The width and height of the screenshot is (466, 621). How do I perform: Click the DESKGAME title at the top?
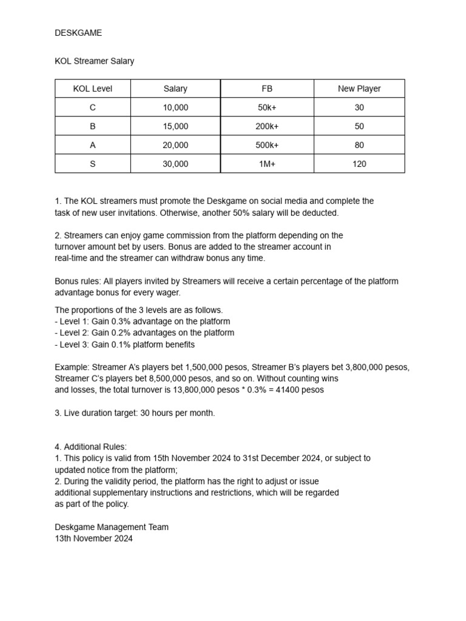pyautogui.click(x=78, y=33)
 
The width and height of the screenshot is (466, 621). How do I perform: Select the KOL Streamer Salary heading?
pyautogui.click(x=94, y=61)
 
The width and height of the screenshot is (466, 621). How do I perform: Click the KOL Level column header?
pyautogui.click(x=92, y=89)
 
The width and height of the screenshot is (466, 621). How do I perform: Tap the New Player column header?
pyautogui.click(x=359, y=89)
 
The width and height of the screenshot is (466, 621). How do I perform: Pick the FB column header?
pyautogui.click(x=267, y=89)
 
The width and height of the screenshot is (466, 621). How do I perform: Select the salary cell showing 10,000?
pyautogui.click(x=175, y=107)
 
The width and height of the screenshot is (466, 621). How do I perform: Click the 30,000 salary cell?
pyautogui.click(x=175, y=164)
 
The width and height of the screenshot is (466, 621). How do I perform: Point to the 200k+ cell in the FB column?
pyautogui.click(x=267, y=126)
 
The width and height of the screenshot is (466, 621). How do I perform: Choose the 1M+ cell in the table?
pyautogui.click(x=267, y=164)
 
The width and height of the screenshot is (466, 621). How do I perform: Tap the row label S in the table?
pyautogui.click(x=92, y=164)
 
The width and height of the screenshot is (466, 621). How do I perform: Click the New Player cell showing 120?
pyautogui.click(x=359, y=164)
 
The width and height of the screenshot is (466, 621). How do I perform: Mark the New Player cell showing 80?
pyautogui.click(x=359, y=145)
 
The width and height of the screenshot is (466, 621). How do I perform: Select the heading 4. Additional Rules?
pyautogui.click(x=90, y=447)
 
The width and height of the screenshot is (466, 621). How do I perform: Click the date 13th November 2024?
pyautogui.click(x=93, y=539)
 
